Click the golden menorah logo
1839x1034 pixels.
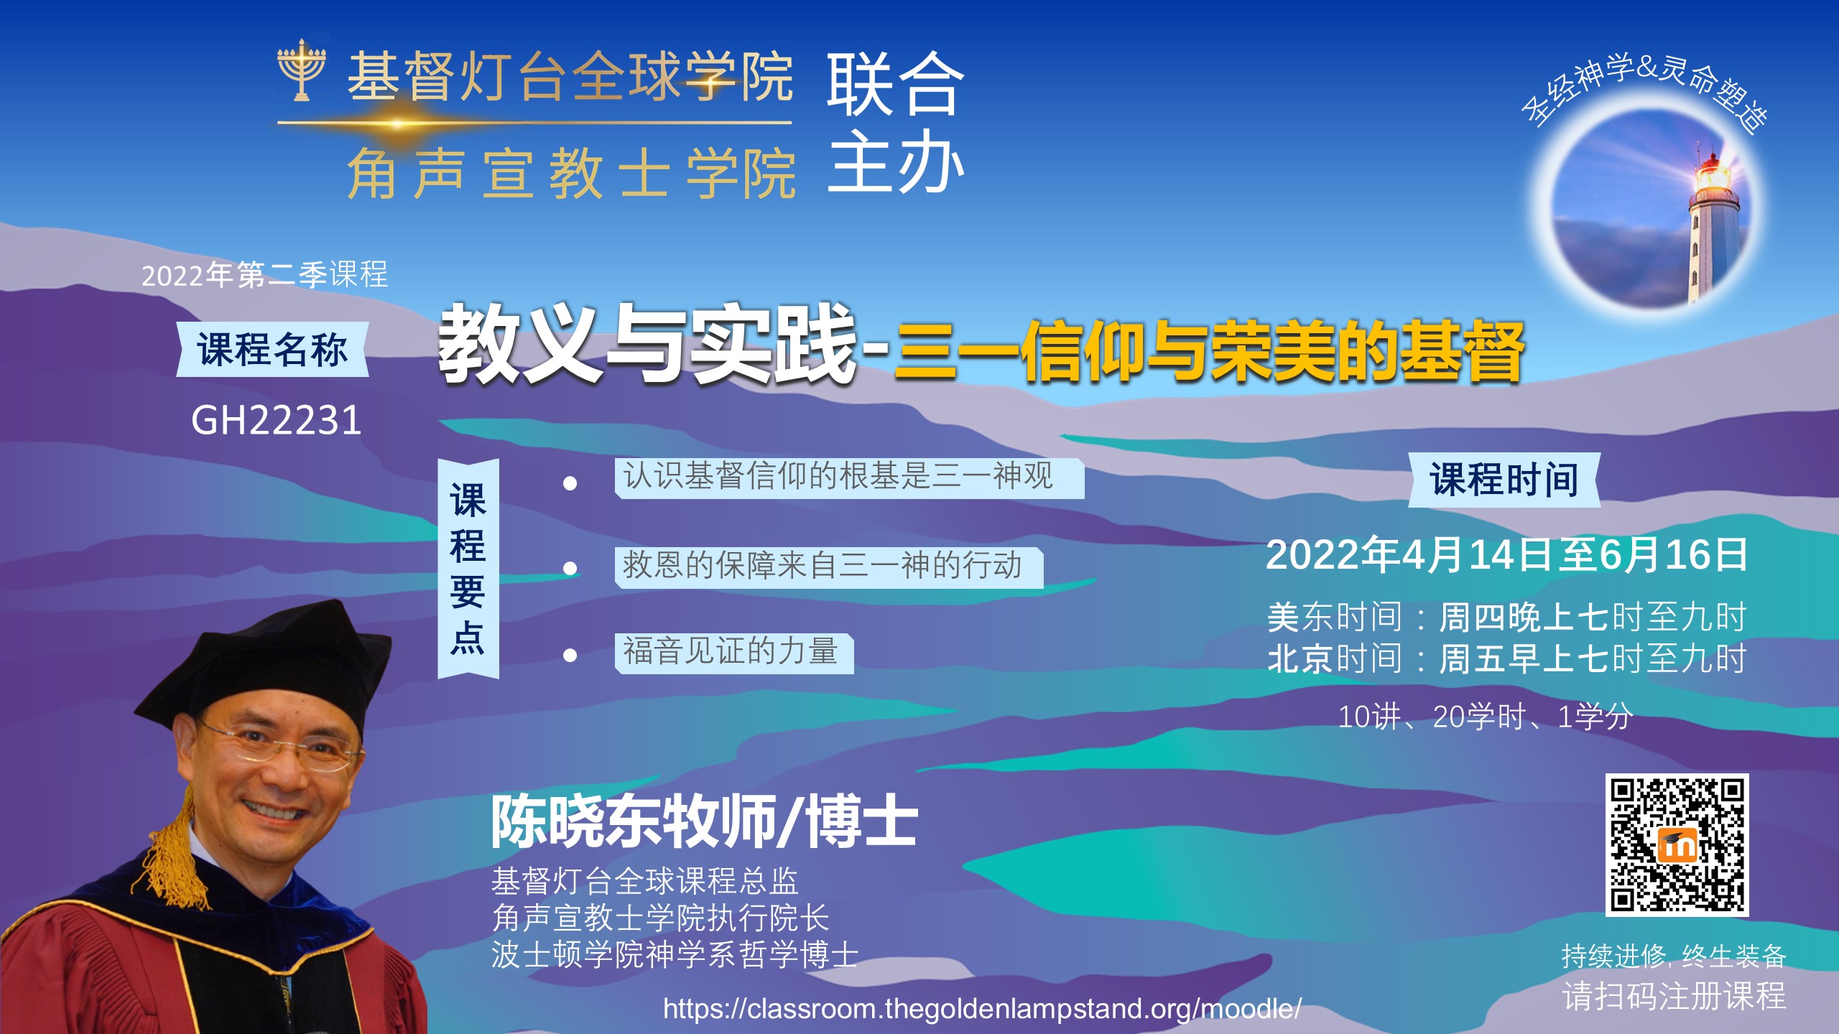tap(302, 70)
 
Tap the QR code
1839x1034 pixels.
tap(1677, 845)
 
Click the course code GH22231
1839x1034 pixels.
tap(276, 420)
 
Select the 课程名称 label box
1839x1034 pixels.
tap(272, 350)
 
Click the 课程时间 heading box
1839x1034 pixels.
tap(1504, 480)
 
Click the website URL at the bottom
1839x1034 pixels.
tap(982, 1008)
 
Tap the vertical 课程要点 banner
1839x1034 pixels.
tap(468, 569)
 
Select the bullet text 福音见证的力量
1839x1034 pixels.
tap(731, 652)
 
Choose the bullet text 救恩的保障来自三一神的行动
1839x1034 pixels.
tap(823, 566)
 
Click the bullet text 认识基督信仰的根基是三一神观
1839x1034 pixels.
tap(838, 476)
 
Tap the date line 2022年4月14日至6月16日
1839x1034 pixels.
tap(1507, 555)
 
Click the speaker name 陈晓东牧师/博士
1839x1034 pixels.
tap(705, 821)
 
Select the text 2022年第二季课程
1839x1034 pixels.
tap(264, 275)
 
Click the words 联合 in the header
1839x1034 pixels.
tap(895, 84)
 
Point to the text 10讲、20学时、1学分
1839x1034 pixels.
tap(1486, 717)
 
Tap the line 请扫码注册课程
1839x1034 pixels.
tap(1674, 996)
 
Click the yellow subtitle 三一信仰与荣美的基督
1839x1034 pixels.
tap(1208, 352)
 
